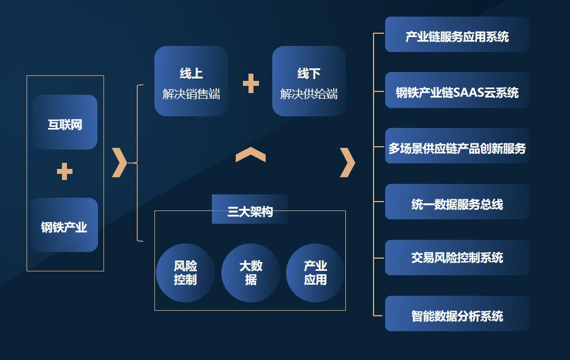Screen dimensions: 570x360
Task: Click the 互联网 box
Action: coord(65,122)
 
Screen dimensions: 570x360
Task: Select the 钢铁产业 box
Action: coord(64,225)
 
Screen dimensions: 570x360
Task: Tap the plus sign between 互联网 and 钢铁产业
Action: coord(65,171)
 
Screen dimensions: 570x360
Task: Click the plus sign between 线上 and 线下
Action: coord(251,83)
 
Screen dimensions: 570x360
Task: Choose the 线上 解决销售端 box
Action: coord(191,81)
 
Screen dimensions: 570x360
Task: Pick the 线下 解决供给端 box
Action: coord(309,81)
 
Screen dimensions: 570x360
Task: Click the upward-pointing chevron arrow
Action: coord(251,155)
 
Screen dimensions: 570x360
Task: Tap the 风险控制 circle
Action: coord(185,272)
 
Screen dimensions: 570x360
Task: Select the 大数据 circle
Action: coord(251,272)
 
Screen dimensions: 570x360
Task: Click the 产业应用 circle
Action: coord(315,272)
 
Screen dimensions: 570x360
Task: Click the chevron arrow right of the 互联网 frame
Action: coord(120,162)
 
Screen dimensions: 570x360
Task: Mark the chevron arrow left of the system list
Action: coord(348,162)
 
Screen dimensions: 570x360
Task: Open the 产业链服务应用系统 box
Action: coord(457,34)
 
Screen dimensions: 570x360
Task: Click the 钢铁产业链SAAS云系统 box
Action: coord(457,90)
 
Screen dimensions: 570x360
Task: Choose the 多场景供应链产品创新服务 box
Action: coord(457,146)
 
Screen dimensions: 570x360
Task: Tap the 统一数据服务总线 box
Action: coord(457,202)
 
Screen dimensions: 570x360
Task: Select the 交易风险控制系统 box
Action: coord(457,258)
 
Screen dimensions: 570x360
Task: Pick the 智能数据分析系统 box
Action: coord(457,313)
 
